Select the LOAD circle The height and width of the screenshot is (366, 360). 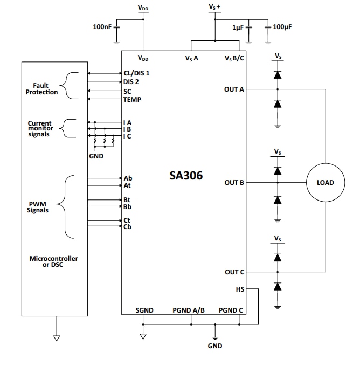click(x=326, y=183)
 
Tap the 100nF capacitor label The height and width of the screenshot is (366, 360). click(x=102, y=27)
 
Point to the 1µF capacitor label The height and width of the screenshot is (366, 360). click(x=238, y=27)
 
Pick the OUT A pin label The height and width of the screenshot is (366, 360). click(x=234, y=89)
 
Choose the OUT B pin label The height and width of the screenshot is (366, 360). click(x=234, y=183)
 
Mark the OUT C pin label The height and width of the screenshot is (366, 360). click(x=234, y=272)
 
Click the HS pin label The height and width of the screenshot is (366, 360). click(x=240, y=289)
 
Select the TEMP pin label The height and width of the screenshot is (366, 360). click(x=133, y=99)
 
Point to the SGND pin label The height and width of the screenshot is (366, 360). click(x=144, y=310)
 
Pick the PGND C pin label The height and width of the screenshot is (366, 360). click(x=231, y=310)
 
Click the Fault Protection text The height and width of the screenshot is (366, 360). click(x=41, y=89)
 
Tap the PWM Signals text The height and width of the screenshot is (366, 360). click(x=38, y=207)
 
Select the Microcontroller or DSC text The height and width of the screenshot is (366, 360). click(x=53, y=261)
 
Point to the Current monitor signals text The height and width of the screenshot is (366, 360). click(x=39, y=129)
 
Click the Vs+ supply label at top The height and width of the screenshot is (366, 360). click(x=214, y=6)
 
